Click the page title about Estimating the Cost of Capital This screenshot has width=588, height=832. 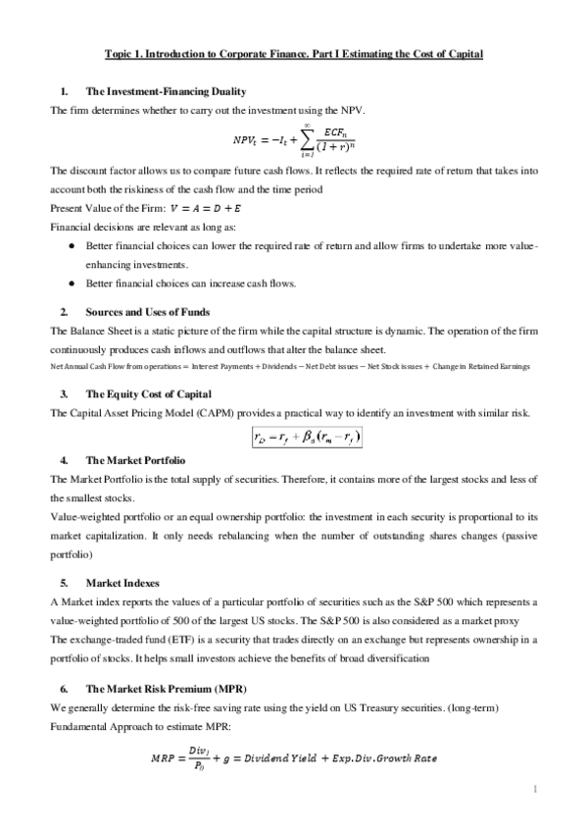click(294, 54)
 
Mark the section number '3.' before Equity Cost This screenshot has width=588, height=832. click(64, 393)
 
